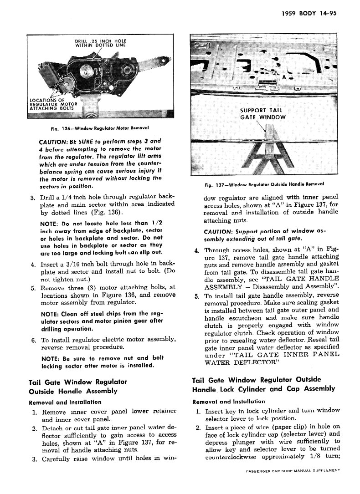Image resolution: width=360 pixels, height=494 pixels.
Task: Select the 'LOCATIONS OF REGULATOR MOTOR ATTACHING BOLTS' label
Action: (x=53, y=104)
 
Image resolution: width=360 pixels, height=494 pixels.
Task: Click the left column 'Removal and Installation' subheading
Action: (x=65, y=402)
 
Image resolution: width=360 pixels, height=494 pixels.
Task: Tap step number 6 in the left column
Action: (x=34, y=340)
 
